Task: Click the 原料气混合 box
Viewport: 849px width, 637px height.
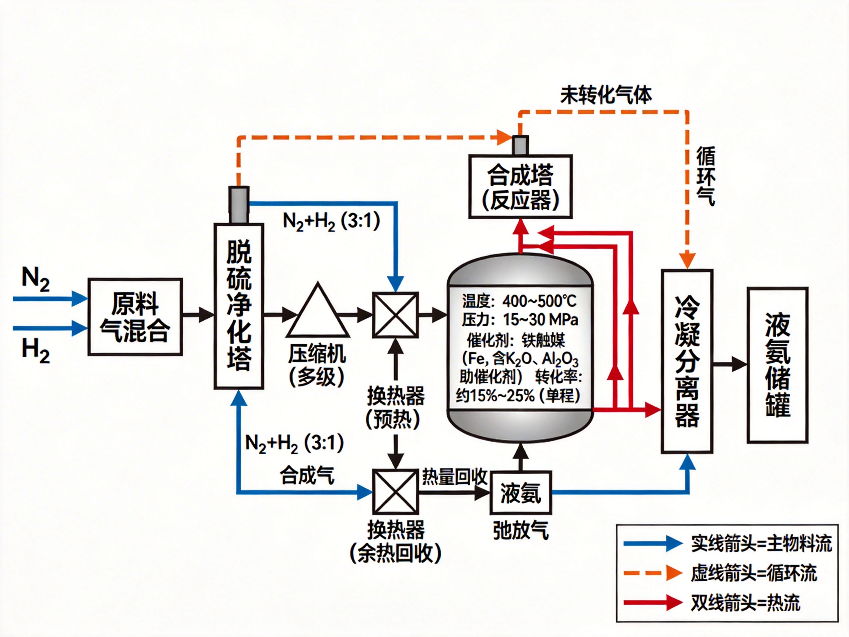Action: click(x=135, y=317)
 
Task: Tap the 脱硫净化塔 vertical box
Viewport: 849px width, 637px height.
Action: click(x=239, y=306)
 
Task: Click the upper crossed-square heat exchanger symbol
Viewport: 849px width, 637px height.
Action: click(x=395, y=315)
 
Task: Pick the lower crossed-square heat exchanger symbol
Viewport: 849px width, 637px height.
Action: click(x=395, y=492)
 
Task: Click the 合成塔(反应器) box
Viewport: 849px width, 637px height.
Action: click(x=520, y=187)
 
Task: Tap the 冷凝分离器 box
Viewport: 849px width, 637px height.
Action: click(x=687, y=361)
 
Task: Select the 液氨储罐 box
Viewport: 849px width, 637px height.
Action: click(x=778, y=365)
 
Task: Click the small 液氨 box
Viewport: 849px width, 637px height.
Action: click(x=521, y=493)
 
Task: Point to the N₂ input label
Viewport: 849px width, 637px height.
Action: click(x=35, y=278)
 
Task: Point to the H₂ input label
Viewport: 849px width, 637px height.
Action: click(x=35, y=351)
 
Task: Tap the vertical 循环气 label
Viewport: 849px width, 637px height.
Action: click(x=705, y=176)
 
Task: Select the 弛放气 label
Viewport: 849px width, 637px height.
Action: click(x=521, y=530)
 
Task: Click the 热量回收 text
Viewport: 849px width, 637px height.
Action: click(x=454, y=477)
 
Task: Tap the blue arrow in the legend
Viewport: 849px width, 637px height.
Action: click(x=653, y=544)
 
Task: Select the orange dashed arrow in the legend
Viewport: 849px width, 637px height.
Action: click(x=653, y=573)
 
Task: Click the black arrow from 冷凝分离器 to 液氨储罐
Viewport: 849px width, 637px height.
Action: click(x=730, y=364)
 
